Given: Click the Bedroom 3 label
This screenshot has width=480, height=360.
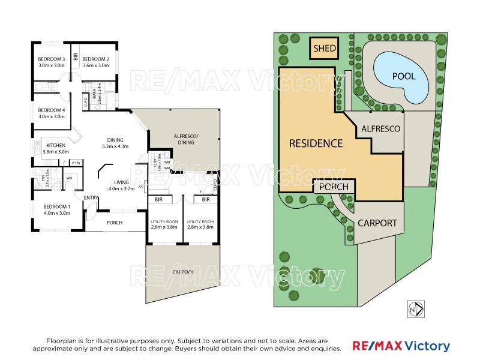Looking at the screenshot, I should (x=51, y=62).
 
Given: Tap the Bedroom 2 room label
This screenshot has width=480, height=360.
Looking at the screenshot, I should (x=95, y=62).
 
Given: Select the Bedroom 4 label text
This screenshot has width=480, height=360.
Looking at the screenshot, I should (x=51, y=113).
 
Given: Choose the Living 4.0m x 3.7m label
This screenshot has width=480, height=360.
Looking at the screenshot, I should (x=122, y=185).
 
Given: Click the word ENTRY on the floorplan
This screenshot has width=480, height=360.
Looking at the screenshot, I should (x=91, y=198).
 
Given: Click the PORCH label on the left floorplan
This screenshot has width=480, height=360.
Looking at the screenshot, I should (x=115, y=223).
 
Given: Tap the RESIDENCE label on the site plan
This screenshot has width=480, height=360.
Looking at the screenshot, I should (x=316, y=143).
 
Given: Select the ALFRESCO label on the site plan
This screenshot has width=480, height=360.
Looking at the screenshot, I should (x=380, y=128).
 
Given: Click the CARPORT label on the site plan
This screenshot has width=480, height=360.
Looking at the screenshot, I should (x=377, y=223).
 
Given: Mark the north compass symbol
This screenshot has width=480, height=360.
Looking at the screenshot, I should (x=416, y=308).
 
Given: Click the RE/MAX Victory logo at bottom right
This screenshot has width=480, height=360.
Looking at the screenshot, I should (x=401, y=346).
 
